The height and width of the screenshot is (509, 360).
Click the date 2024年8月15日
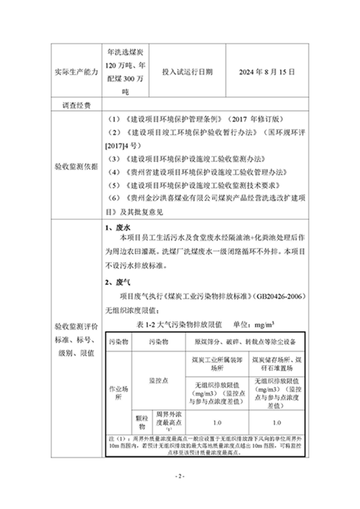pos(267,71)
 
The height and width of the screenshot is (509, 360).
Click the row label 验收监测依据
pos(76,167)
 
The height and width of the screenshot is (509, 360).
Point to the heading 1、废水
pos(117,228)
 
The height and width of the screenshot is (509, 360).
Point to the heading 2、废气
pos(117,282)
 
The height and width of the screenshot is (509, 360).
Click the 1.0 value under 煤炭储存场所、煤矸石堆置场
pos(277,422)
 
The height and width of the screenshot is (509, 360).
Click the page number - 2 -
pos(180,475)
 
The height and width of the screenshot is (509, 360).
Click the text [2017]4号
pos(122,145)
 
